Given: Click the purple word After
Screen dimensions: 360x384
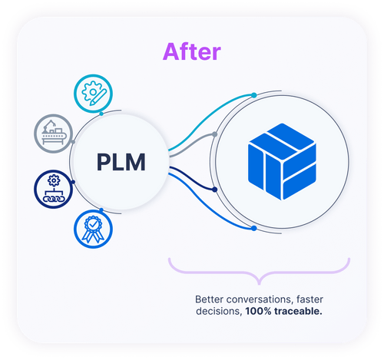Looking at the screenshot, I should click(x=191, y=51).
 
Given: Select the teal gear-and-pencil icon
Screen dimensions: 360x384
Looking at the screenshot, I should click(x=98, y=91).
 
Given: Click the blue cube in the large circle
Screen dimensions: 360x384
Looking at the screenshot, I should click(x=283, y=163).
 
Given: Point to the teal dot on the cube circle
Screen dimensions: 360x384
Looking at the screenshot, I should click(x=254, y=96).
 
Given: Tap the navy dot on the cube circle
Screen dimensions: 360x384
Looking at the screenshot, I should click(x=216, y=189).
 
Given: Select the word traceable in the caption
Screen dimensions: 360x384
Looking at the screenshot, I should click(x=301, y=312).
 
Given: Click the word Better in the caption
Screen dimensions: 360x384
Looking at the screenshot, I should click(x=210, y=299).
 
